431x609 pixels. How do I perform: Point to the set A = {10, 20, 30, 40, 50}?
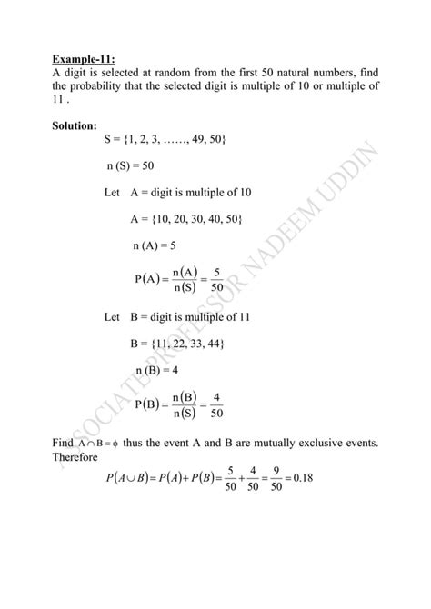click(187, 219)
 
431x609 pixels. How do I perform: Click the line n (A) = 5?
click(155, 245)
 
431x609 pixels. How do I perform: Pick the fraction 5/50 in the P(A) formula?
click(215, 281)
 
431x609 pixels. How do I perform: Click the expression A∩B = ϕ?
click(91, 444)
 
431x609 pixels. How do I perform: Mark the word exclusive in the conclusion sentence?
click(326, 443)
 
